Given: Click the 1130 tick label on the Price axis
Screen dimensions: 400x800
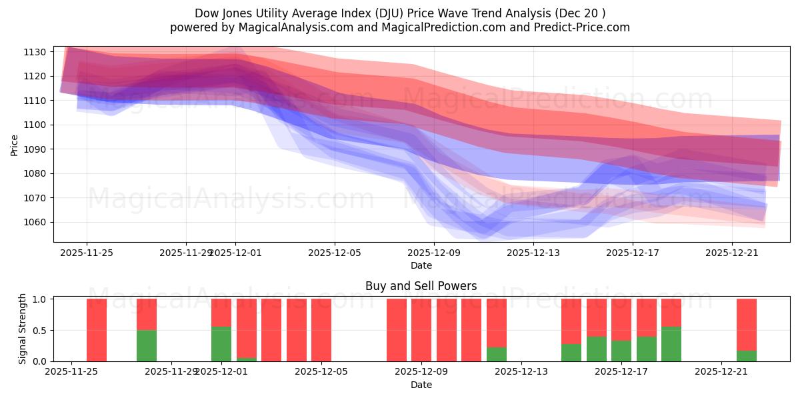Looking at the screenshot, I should click(35, 52).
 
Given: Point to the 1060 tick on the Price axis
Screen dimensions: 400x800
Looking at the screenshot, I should click(35, 223).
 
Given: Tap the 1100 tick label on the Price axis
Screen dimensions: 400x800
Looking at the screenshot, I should click(35, 125).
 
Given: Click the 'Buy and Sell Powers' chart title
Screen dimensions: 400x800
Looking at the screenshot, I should click(421, 286).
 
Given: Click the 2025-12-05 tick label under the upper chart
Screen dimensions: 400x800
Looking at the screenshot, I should click(335, 253).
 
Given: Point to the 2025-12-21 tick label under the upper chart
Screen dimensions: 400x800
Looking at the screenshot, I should click(732, 253).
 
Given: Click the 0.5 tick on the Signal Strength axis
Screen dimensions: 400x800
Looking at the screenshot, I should click(40, 330).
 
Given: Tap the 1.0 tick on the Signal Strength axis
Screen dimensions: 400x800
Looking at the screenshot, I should click(40, 299).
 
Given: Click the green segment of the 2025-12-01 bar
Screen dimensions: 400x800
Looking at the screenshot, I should click(221, 344).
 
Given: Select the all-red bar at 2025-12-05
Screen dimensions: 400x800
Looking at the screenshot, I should click(321, 330).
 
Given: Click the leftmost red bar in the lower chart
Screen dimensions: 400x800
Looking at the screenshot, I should click(97, 330).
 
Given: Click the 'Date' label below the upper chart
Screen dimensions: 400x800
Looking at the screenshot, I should click(421, 265).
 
